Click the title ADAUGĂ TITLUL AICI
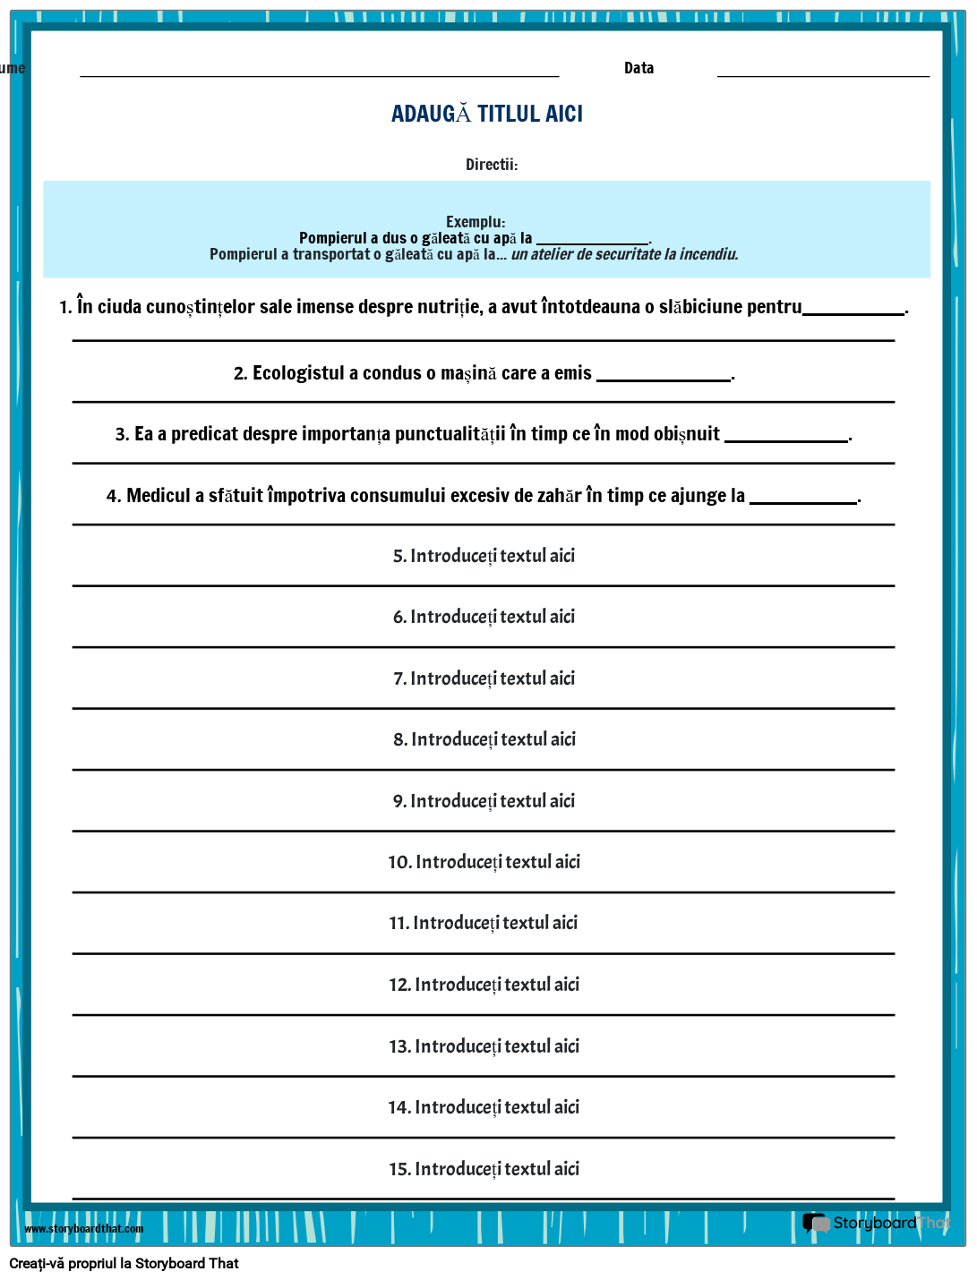[x=487, y=114]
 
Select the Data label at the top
[x=638, y=68]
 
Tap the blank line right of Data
[x=823, y=72]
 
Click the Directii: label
[x=492, y=165]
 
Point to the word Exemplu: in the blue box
[x=476, y=222]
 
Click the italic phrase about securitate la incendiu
[x=624, y=254]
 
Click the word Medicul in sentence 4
[x=159, y=496]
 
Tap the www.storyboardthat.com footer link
[x=84, y=1229]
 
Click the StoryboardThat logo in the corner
[x=877, y=1223]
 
